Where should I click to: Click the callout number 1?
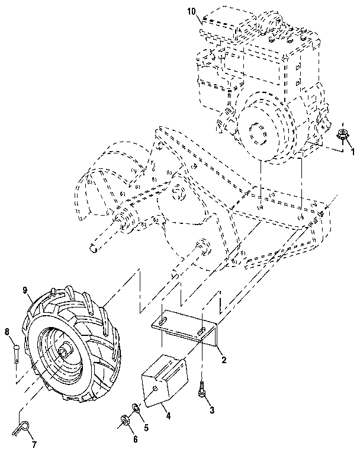tap(353, 152)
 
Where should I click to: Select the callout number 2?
tap(224, 360)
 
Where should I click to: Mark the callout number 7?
tap(34, 444)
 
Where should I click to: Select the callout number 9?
tap(25, 291)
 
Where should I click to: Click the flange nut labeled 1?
tap(342, 135)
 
